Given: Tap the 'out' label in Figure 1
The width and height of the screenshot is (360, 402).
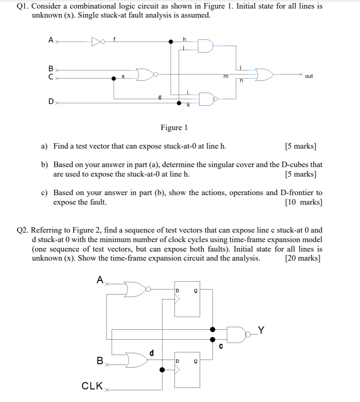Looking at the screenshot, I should [x=309, y=76].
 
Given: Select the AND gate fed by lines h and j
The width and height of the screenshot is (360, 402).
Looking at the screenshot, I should [x=205, y=46].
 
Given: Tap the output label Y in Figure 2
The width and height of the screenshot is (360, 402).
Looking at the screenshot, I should [x=262, y=329].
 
